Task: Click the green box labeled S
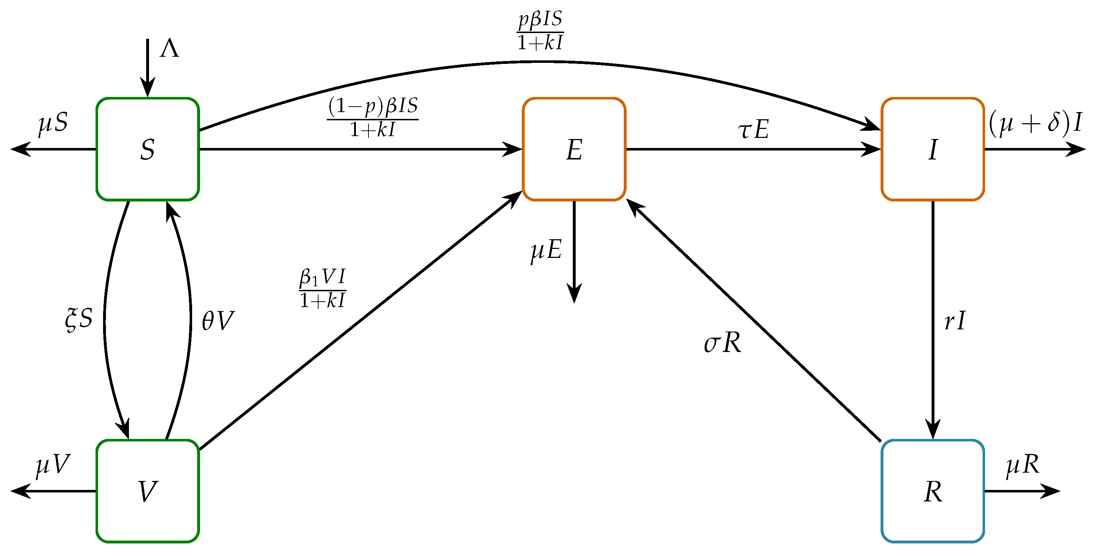click(x=147, y=149)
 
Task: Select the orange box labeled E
click(x=574, y=149)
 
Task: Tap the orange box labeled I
click(x=933, y=149)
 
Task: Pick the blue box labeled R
click(x=933, y=491)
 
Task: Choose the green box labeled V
click(x=147, y=491)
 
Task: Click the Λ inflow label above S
click(x=169, y=49)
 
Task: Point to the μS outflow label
click(x=53, y=124)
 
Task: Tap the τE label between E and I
click(x=753, y=129)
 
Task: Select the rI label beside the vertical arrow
click(x=955, y=321)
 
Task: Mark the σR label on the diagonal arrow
click(x=722, y=343)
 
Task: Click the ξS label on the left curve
click(x=79, y=319)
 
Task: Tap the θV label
click(x=218, y=321)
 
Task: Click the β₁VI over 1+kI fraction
click(x=322, y=288)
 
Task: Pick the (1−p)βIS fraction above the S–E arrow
click(x=373, y=117)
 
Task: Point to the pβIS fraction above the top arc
click(x=540, y=31)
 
